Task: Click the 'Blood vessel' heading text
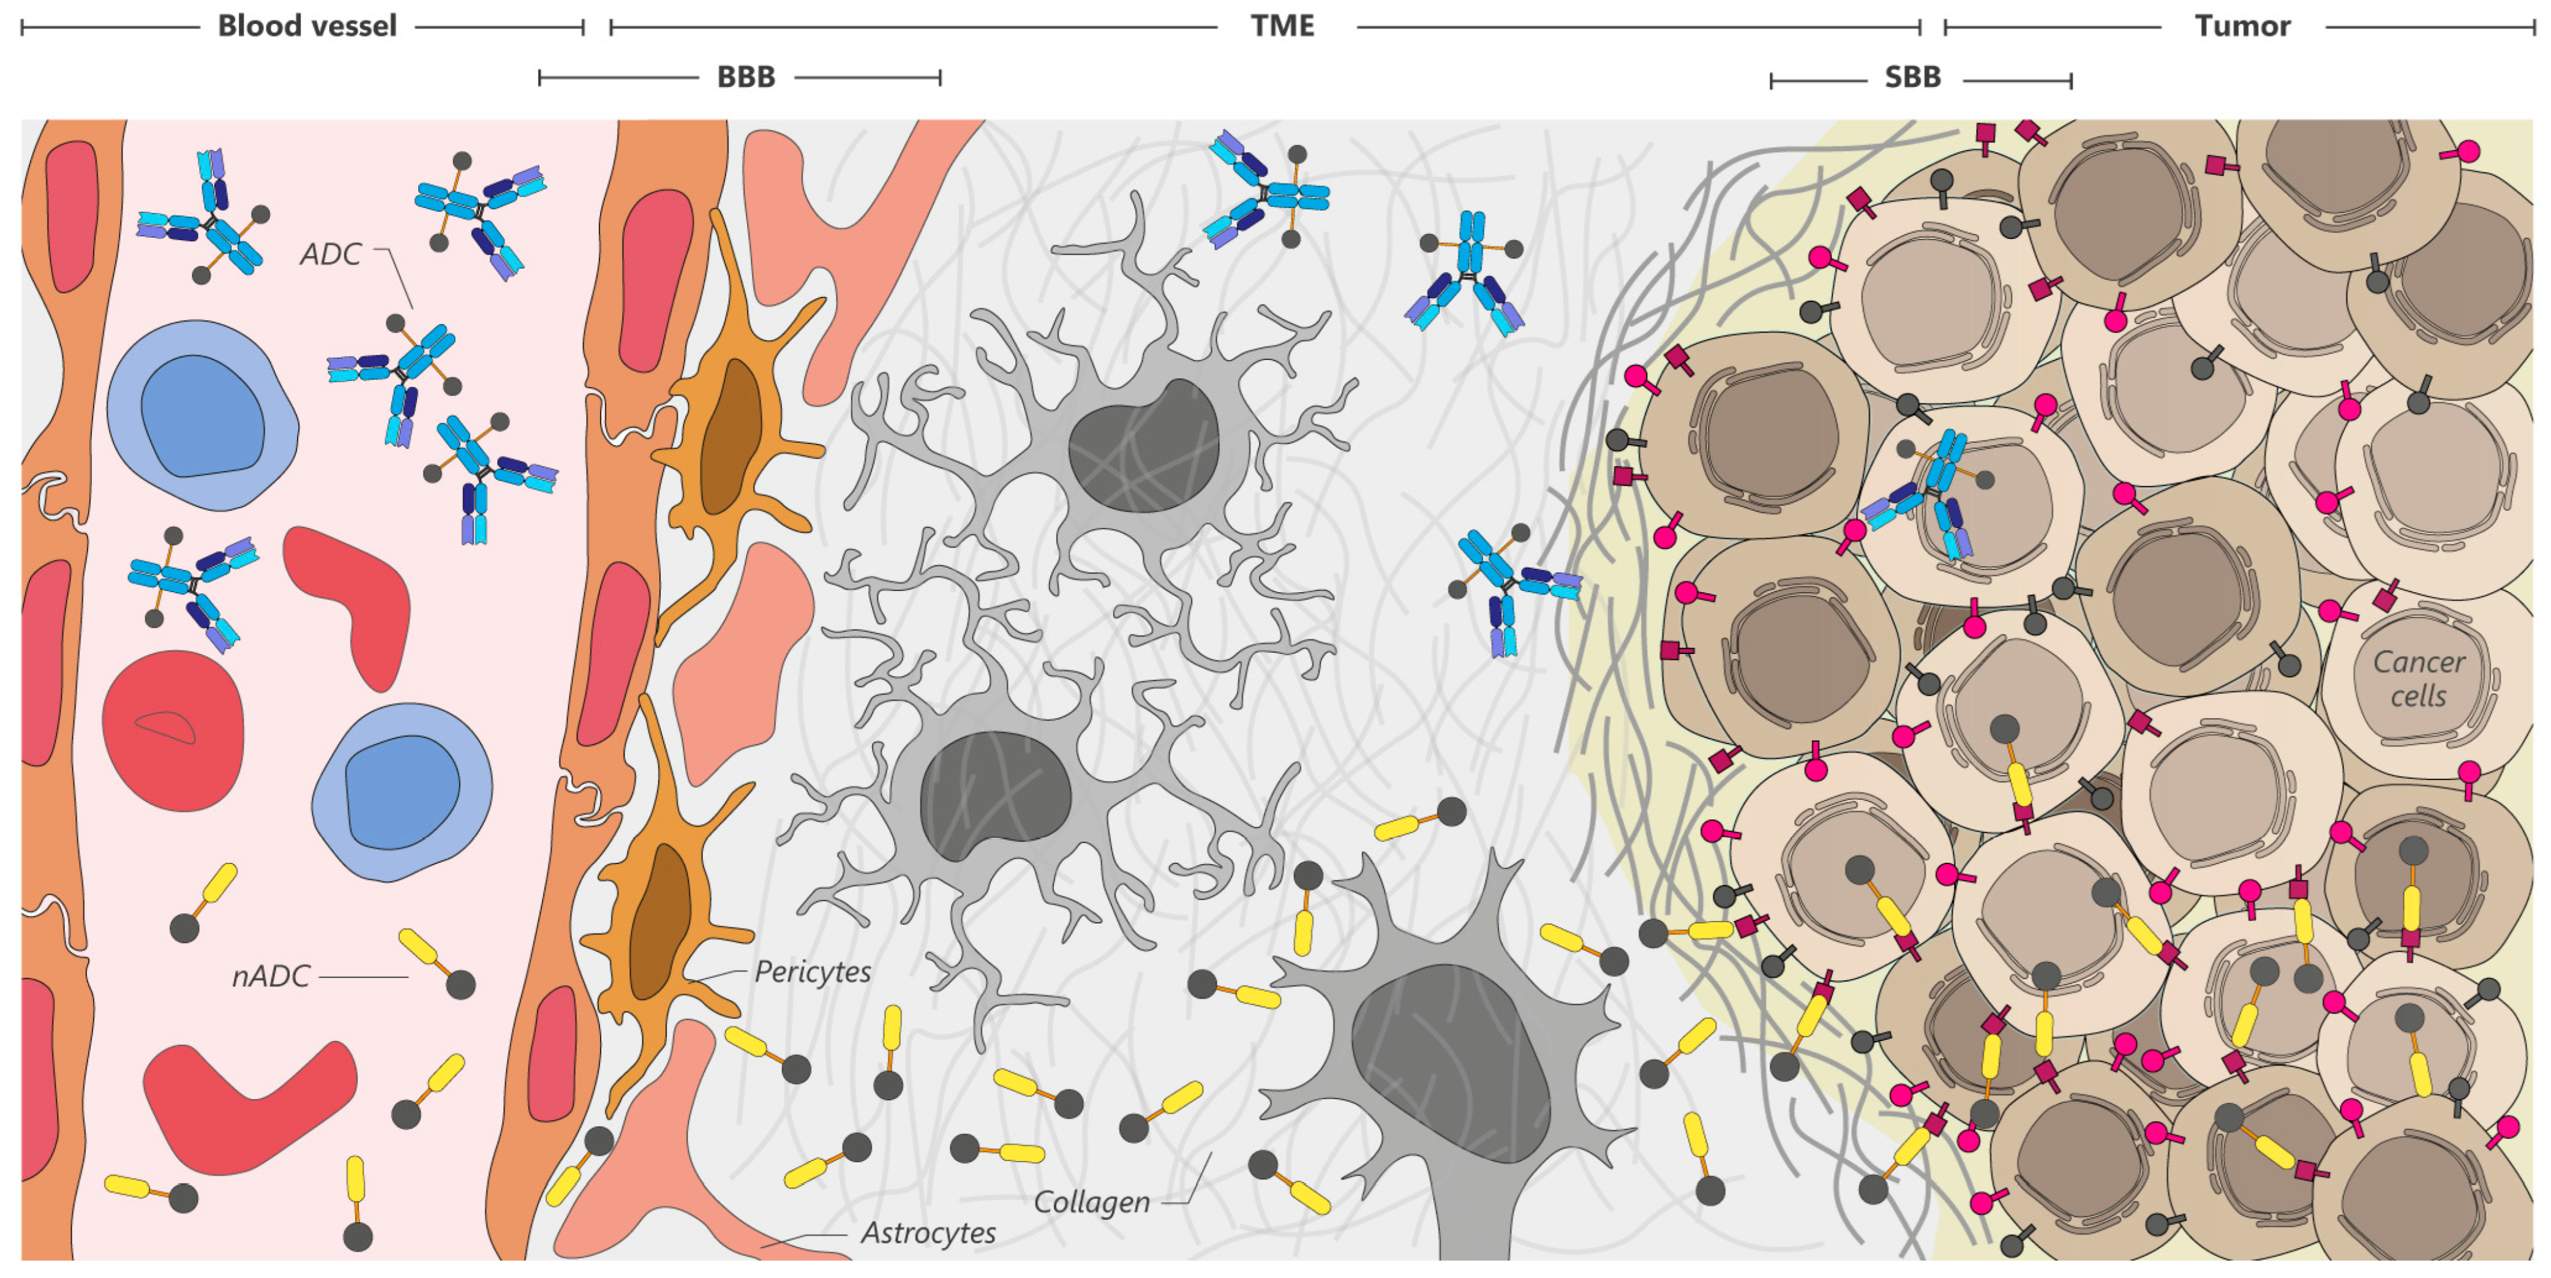307,26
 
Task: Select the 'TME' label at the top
1282,26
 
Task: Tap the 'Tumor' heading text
2242,26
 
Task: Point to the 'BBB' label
746,77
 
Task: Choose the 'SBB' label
1912,77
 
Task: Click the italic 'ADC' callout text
331,255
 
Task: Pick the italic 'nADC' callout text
271,977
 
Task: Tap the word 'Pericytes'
812,972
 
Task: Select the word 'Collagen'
1091,1203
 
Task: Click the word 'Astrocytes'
928,1233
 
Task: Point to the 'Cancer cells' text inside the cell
2418,678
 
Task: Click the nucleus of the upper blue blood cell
202,416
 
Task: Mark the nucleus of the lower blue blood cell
401,792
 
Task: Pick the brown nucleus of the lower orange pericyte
661,922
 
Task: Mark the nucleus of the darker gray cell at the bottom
1451,1060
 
